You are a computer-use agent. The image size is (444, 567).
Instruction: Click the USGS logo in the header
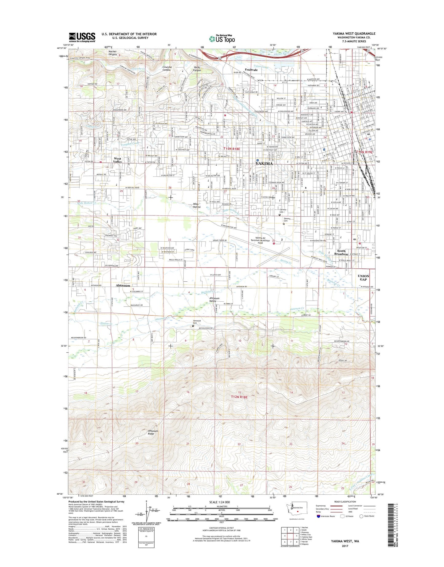click(x=82, y=37)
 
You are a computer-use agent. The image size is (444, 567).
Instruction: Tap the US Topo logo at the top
click(x=222, y=38)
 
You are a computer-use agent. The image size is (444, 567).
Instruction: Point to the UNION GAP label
click(x=363, y=278)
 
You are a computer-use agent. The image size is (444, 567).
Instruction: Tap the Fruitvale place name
click(x=251, y=70)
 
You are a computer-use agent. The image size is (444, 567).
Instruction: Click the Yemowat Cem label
click(x=197, y=322)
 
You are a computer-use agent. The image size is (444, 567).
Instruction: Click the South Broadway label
click(x=341, y=252)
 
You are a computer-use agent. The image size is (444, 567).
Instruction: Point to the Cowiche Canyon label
click(x=167, y=68)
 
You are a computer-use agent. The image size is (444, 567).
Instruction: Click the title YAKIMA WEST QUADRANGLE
click(x=354, y=34)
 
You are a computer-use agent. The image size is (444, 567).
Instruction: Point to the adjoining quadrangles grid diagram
click(x=290, y=536)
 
